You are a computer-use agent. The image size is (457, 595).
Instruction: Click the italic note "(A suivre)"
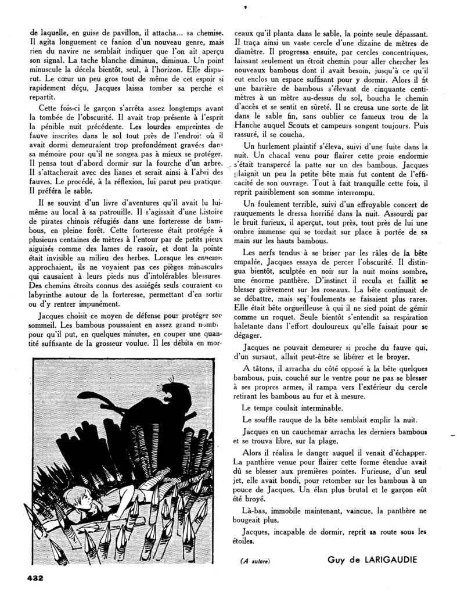tap(256, 561)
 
